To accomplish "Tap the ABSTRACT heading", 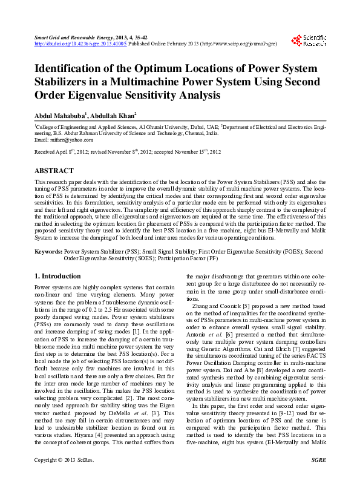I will click(x=54, y=171).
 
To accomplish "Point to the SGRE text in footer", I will click(x=318, y=478).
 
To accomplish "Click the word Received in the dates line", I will click(x=45, y=152).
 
